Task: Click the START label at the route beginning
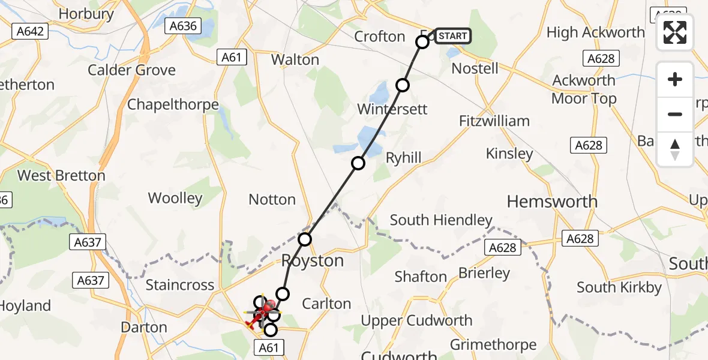coord(452,36)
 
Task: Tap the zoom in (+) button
coord(675,79)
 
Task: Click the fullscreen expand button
coord(675,32)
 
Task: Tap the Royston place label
coord(313,261)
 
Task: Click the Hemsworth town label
coord(552,202)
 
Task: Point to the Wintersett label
coord(392,109)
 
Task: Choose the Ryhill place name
coord(403,158)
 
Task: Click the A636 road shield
coord(183,26)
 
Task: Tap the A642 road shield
coord(30,31)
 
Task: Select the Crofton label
coord(380,37)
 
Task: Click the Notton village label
coord(272,200)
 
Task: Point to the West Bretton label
coord(61,176)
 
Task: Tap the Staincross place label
coord(180,285)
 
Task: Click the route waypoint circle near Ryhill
coord(358,163)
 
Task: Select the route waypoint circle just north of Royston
coord(305,239)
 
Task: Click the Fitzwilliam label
coord(494,121)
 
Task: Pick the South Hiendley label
coord(441,220)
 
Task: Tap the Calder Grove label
coord(131,70)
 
